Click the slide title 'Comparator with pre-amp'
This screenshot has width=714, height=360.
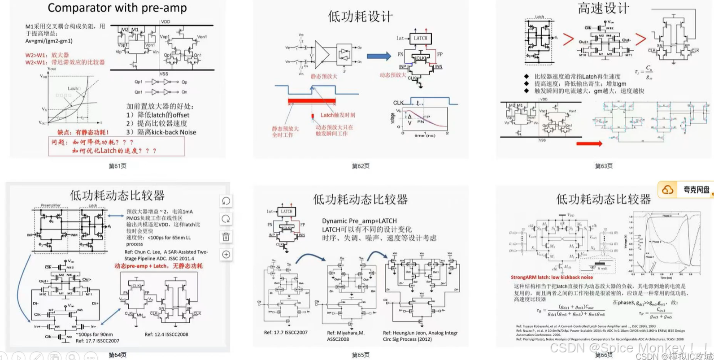[x=117, y=8]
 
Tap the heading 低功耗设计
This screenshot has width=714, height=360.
[x=360, y=17]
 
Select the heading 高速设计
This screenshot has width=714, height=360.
[x=603, y=8]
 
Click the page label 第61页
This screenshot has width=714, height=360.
[x=118, y=166]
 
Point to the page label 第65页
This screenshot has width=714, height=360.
[x=361, y=355]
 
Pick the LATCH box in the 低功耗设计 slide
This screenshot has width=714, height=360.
[x=420, y=39]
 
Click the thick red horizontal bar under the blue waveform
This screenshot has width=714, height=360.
[x=312, y=101]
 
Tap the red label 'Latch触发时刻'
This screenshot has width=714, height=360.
[x=337, y=115]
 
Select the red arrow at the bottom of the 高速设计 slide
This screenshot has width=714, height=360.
[x=589, y=144]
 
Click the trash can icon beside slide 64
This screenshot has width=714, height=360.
[x=226, y=237]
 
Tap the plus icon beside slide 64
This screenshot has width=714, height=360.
[x=226, y=255]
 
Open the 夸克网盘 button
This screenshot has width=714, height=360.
[x=686, y=190]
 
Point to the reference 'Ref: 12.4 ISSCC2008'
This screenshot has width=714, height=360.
[x=166, y=334]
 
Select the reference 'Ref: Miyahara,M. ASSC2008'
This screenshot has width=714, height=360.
[x=346, y=336]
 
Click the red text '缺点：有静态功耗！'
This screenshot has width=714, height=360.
[x=83, y=132]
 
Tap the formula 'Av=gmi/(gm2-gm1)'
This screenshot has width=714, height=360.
[x=49, y=41]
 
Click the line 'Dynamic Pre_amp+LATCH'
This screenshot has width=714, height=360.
[x=359, y=221]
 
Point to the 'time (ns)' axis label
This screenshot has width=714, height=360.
[x=425, y=135]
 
